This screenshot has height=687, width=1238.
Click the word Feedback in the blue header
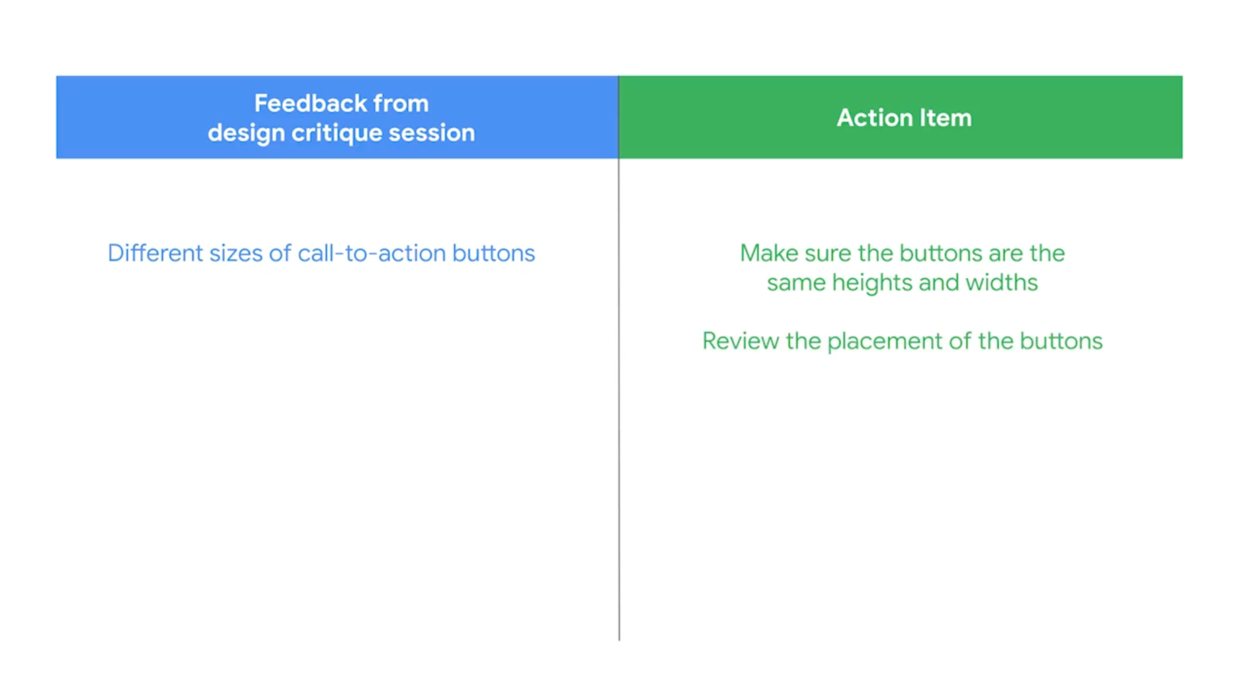(310, 103)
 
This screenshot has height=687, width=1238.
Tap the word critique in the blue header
(336, 133)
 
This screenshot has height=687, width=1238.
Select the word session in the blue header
(432, 133)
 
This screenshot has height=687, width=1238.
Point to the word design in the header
(246, 133)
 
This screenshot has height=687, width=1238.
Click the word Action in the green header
(875, 118)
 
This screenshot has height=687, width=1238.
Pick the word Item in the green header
(946, 118)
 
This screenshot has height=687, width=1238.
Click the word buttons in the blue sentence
(494, 253)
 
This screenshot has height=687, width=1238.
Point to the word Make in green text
(769, 253)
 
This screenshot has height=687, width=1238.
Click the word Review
(741, 341)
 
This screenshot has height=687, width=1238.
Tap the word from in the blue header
(401, 103)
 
